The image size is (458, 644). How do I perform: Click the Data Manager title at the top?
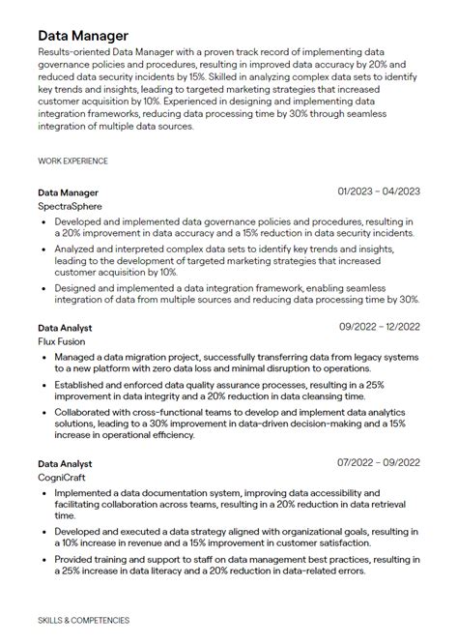(83, 36)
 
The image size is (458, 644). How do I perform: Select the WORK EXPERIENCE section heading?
(72, 161)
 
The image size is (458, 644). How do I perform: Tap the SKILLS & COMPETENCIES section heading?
(83, 620)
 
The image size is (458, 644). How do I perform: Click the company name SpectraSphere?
(70, 206)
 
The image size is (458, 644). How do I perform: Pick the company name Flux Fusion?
(62, 341)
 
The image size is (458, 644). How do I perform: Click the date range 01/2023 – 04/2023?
(379, 191)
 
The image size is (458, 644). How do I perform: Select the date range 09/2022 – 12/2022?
(379, 328)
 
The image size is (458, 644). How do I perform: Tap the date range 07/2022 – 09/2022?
(379, 463)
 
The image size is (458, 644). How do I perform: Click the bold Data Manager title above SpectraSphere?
(68, 192)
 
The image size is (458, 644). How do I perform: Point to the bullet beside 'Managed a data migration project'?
(44, 358)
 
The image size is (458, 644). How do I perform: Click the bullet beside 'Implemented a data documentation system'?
(44, 493)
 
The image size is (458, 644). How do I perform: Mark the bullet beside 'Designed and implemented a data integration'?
(44, 288)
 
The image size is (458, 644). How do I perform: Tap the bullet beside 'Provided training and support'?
(44, 559)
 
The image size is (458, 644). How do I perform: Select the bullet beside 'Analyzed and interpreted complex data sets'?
(44, 249)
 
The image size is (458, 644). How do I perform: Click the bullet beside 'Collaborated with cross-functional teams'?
(44, 411)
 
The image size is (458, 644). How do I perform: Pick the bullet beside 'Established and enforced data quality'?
(44, 385)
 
